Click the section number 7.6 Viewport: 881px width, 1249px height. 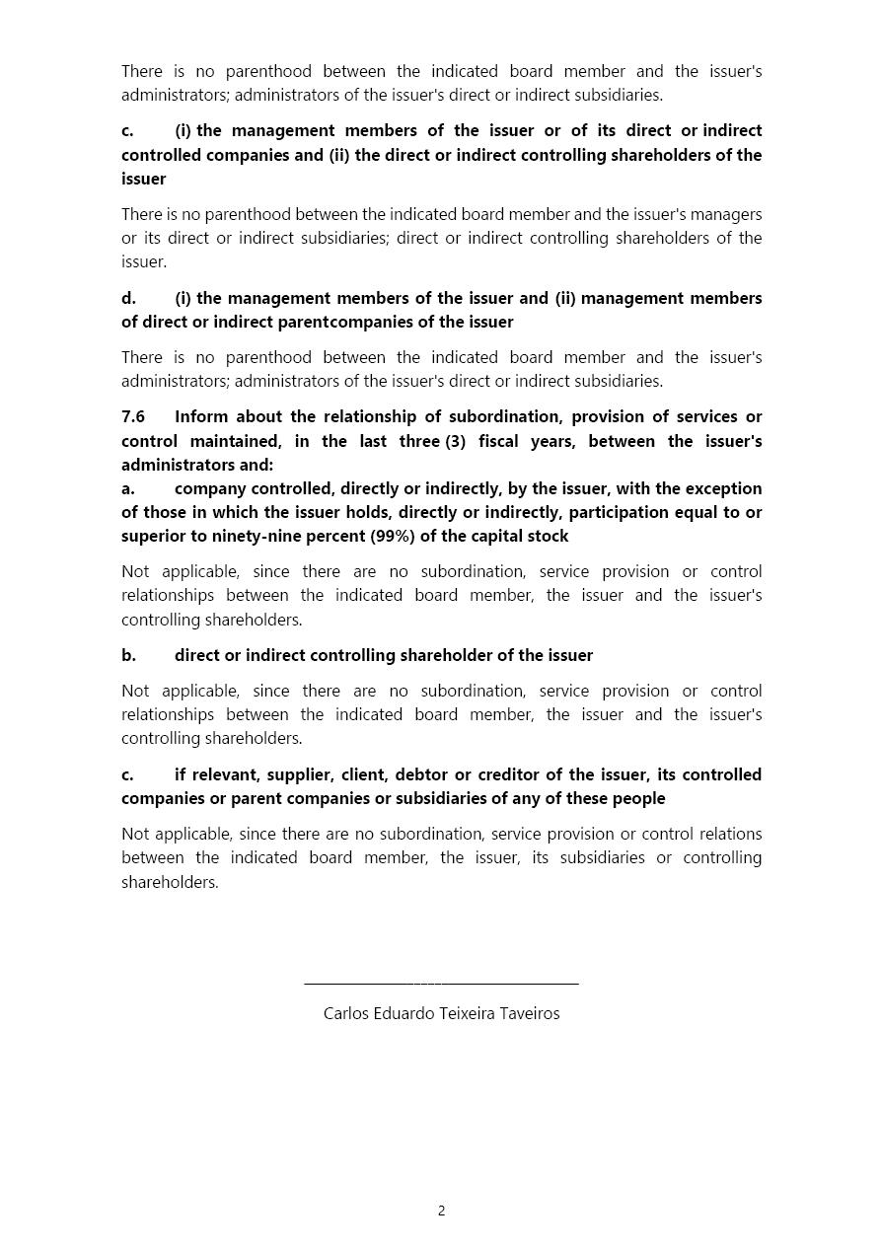[133, 416]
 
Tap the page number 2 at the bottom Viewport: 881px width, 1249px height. [441, 1211]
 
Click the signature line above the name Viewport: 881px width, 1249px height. [441, 983]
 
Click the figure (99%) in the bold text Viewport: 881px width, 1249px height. [393, 536]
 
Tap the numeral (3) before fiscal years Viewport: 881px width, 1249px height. [455, 441]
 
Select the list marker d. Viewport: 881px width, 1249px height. [128, 298]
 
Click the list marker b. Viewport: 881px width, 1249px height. [128, 655]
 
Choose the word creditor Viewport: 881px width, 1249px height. [510, 774]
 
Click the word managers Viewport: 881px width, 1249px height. [726, 214]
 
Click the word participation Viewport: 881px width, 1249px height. [621, 512]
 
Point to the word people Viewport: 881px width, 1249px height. [639, 798]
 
